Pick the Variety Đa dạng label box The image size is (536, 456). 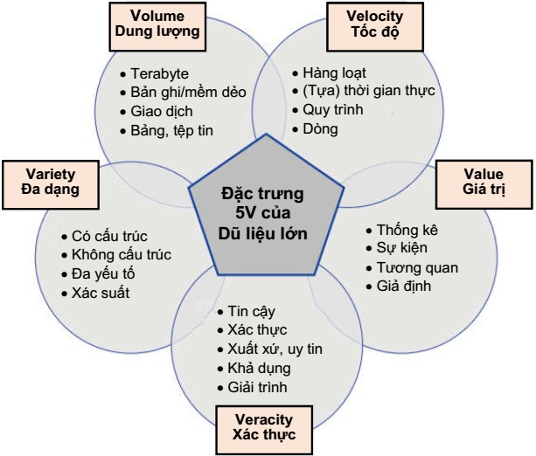tap(51, 181)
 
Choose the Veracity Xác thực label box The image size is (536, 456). tap(263, 427)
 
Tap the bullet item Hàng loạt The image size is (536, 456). tap(334, 72)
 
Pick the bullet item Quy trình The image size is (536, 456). tap(331, 110)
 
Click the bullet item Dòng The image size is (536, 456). tap(320, 129)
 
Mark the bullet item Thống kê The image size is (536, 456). tap(407, 230)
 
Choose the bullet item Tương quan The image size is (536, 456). tap(416, 267)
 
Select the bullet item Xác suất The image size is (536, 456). tap(100, 293)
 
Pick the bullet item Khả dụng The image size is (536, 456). tap(258, 368)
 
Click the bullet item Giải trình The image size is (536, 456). tap(261, 387)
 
